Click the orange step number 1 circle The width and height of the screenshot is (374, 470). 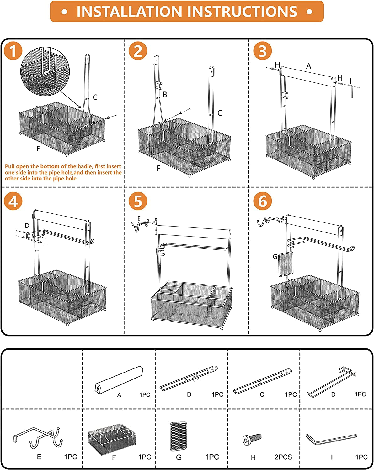point(13,51)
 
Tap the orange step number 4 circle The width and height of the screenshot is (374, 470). point(13,201)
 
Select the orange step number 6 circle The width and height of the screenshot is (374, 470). point(262,201)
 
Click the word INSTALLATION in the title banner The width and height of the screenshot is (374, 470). point(129,11)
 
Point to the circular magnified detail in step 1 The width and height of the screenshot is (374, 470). point(45,71)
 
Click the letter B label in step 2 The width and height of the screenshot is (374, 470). point(165,95)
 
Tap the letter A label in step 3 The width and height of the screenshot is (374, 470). point(308,66)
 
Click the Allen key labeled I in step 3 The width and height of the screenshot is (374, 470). point(350,91)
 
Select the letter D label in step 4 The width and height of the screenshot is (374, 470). point(27,226)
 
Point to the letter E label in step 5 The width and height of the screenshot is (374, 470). point(139,218)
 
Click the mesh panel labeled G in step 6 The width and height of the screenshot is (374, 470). point(286,264)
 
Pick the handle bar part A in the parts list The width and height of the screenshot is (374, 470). point(119,380)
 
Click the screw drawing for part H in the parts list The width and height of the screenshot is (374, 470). point(252,439)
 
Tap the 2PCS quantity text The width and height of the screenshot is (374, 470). point(283,457)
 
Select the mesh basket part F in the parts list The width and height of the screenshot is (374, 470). point(112,439)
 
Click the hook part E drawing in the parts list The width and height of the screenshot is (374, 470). point(38,437)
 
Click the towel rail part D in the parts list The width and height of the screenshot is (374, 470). point(331,382)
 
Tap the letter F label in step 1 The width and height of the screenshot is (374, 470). point(38,149)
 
